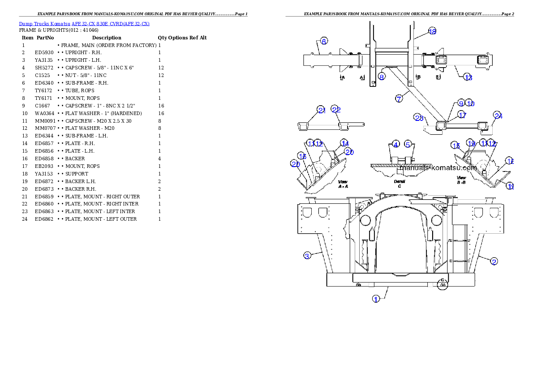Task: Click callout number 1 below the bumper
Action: tap(376, 298)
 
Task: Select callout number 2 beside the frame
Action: tap(494, 261)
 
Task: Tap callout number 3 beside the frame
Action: tap(307, 256)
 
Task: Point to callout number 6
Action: tap(324, 40)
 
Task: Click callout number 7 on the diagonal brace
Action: tap(399, 99)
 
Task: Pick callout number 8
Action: tap(381, 77)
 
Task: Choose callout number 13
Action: tap(468, 77)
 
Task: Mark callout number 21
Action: tap(321, 109)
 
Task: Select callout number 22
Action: tap(336, 109)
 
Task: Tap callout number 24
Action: tap(498, 116)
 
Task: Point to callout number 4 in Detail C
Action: tap(395, 144)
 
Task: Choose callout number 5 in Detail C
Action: tap(408, 144)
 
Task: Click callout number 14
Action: tap(344, 143)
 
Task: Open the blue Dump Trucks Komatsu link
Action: tap(84, 23)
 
